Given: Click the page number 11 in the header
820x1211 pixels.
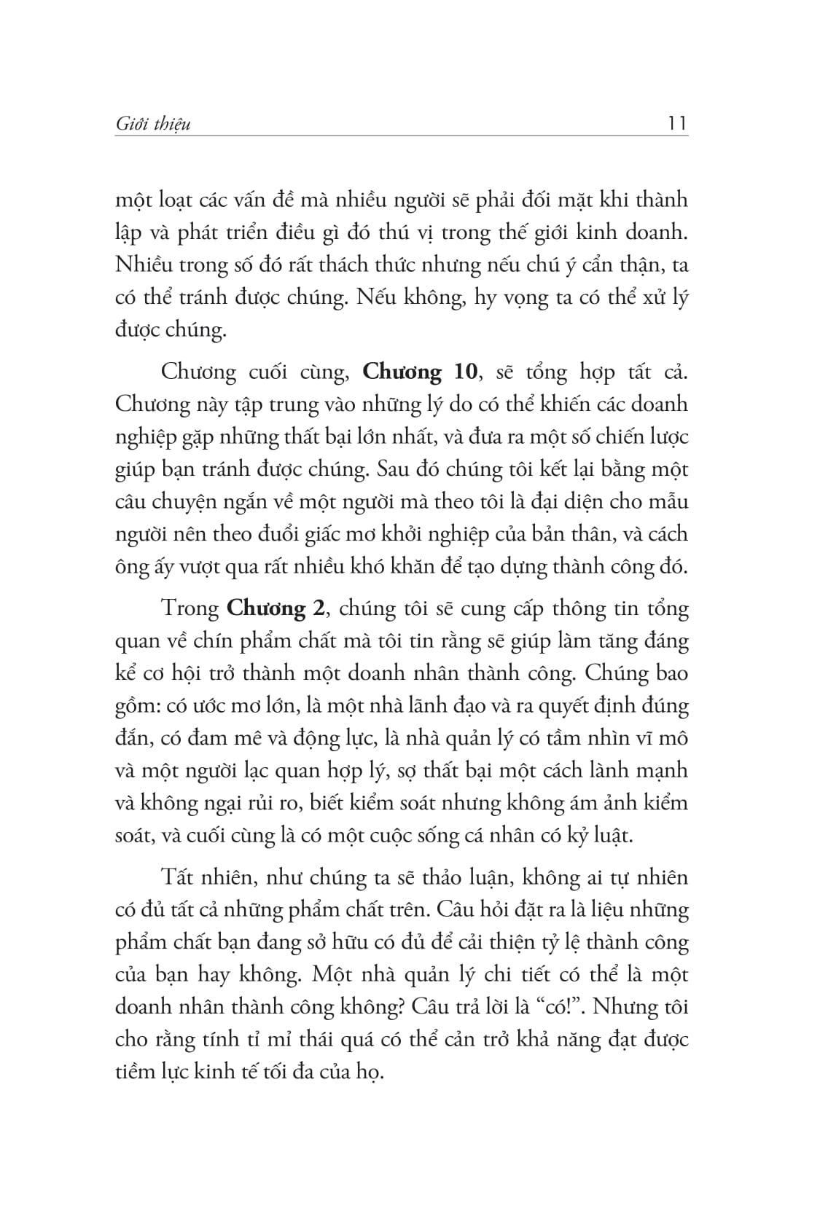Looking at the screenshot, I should (x=676, y=124).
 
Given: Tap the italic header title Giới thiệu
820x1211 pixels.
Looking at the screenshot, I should (x=153, y=125).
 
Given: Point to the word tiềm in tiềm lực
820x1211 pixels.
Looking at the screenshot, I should (x=136, y=1072).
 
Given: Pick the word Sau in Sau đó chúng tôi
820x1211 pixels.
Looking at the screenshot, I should (x=394, y=469).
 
